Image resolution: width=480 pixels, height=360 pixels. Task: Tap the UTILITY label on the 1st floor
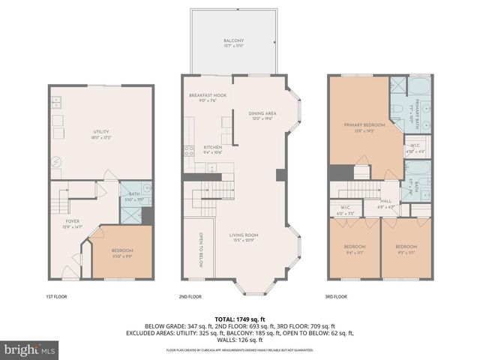click(101, 131)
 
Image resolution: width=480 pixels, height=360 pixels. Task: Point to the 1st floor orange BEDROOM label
click(122, 250)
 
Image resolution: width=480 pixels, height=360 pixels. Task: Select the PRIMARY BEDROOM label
click(358, 124)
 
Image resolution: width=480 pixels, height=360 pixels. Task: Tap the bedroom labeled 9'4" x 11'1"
click(355, 247)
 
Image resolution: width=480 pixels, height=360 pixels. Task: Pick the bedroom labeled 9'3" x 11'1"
click(406, 247)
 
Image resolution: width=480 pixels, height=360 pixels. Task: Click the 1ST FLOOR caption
click(56, 296)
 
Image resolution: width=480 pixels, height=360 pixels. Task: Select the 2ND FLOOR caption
click(191, 296)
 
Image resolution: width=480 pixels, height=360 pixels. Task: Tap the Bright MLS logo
click(30, 349)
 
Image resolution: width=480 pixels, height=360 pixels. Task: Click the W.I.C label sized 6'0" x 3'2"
click(346, 209)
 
